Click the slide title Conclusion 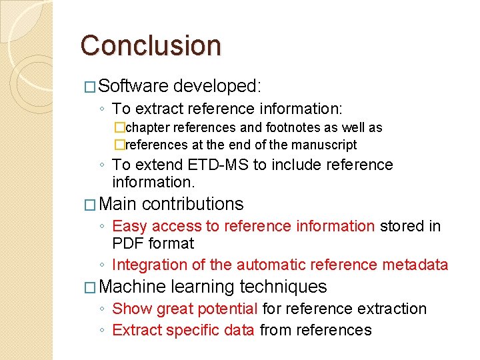[150, 45]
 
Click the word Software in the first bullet [133, 86]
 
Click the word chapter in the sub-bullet [147, 127]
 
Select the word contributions [193, 204]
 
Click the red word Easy [129, 227]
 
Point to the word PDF [129, 244]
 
